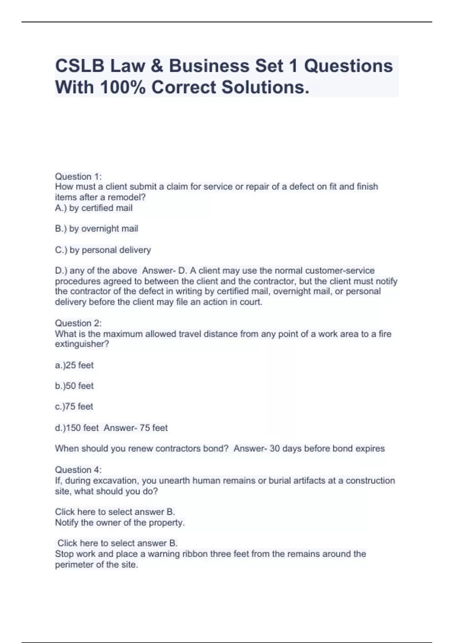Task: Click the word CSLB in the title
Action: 79,66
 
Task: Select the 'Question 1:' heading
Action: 78,176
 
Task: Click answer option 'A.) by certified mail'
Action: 94,208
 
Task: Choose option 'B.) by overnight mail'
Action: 96,229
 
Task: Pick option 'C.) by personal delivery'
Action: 103,250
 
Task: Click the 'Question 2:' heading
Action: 78,323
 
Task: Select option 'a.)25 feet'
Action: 74,365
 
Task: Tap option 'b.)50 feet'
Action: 74,386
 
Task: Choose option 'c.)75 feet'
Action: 74,407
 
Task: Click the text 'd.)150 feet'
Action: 77,428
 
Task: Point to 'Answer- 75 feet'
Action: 136,428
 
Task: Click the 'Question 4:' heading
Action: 78,470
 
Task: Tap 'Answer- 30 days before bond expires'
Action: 309,449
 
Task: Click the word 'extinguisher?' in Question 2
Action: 82,344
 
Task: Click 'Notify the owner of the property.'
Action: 120,523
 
